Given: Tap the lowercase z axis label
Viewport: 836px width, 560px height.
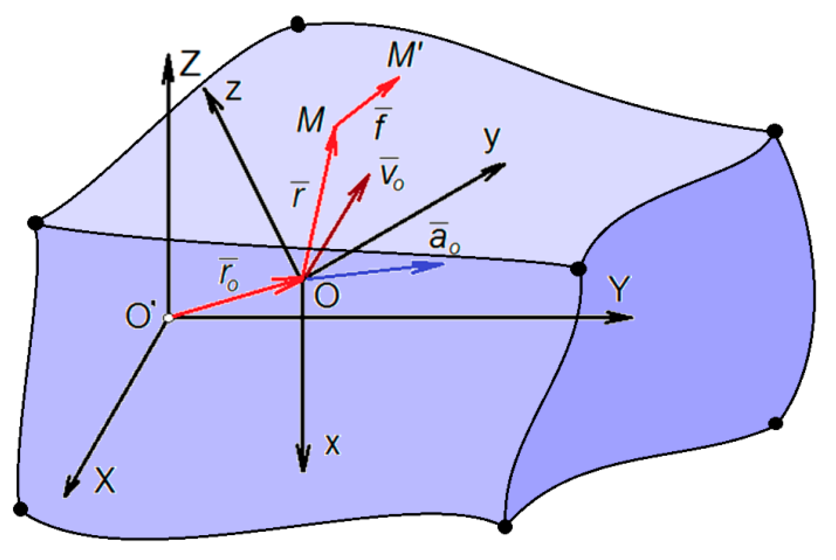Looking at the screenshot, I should [234, 91].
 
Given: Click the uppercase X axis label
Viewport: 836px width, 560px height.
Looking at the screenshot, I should [105, 480].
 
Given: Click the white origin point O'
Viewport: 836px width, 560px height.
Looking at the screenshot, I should [168, 318].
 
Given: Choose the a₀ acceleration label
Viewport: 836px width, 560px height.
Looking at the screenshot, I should [443, 238].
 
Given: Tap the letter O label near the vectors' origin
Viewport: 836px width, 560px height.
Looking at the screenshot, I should [327, 296].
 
